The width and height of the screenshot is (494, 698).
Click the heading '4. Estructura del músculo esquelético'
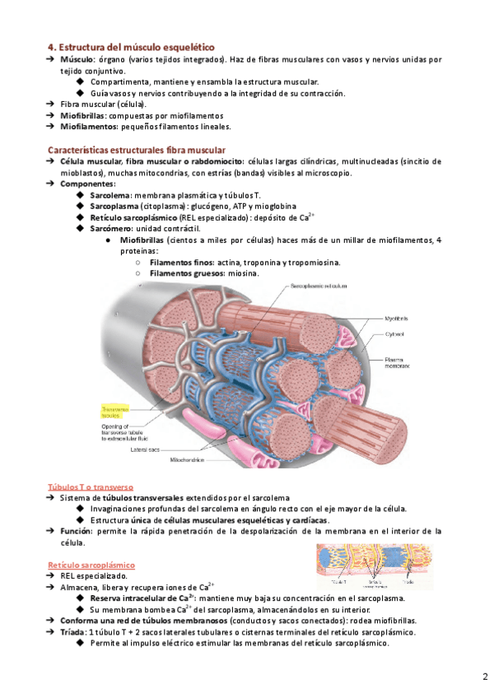(130, 48)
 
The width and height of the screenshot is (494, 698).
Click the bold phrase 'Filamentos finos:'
(172, 262)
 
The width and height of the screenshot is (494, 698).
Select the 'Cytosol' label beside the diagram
(395, 334)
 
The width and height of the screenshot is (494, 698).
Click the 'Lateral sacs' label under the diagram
(147, 449)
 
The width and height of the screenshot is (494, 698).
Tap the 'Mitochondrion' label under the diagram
(188, 460)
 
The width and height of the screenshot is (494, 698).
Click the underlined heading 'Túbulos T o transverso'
(91, 486)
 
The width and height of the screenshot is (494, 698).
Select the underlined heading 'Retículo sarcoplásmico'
(91, 565)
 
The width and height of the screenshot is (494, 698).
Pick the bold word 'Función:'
(81, 532)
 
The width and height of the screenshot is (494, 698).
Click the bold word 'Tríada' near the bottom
(76, 631)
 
